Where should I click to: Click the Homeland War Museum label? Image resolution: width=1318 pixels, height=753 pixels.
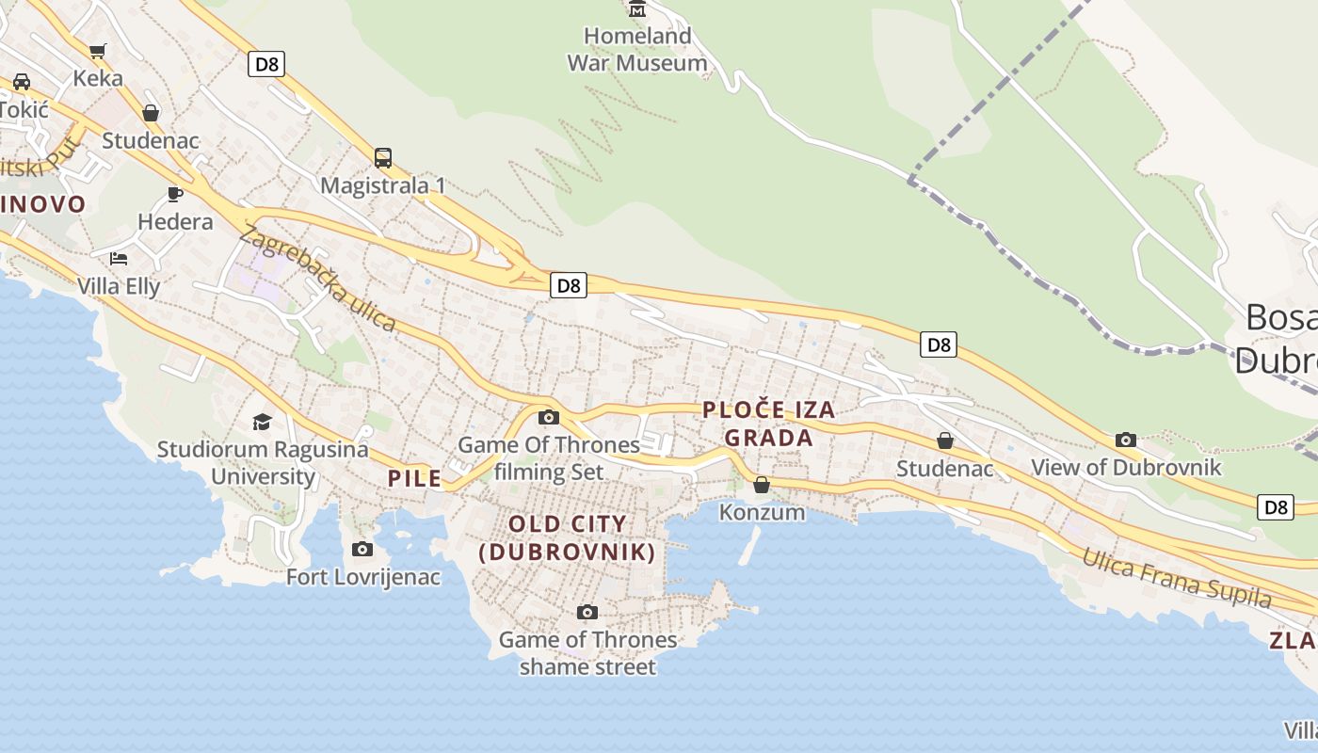coord(637,50)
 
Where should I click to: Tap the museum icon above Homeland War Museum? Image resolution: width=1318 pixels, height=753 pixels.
coord(637,10)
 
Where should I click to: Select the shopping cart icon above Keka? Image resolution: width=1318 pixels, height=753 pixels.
coord(98,51)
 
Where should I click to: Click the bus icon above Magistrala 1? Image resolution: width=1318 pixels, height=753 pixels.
coord(383,157)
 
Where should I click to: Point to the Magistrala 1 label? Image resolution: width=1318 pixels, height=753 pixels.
coord(383,185)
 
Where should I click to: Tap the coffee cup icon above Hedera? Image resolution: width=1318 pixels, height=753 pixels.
coord(174,194)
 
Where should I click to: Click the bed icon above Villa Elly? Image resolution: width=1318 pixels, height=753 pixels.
coord(118,258)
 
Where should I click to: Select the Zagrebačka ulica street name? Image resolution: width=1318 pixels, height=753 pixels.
coord(318,279)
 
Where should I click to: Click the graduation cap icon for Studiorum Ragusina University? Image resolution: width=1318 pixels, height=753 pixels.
coord(262,422)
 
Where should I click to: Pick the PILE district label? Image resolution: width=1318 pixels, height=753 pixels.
coord(415,478)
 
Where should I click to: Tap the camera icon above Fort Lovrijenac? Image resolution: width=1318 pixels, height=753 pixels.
coord(362,549)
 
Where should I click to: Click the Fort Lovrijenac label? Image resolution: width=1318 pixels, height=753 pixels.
coord(363,577)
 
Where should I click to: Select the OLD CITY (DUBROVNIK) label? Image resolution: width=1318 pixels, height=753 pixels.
coord(567,537)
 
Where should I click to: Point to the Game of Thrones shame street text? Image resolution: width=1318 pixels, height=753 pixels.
coord(587,653)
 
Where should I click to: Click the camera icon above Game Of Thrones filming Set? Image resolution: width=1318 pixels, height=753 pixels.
coord(549,417)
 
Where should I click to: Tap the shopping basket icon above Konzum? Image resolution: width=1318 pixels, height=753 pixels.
coord(762,485)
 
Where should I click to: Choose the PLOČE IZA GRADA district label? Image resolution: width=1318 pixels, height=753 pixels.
coord(769,424)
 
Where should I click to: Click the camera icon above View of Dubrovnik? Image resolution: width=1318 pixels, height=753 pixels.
coord(1125,440)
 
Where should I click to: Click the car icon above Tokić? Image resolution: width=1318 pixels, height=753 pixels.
coord(22,81)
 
